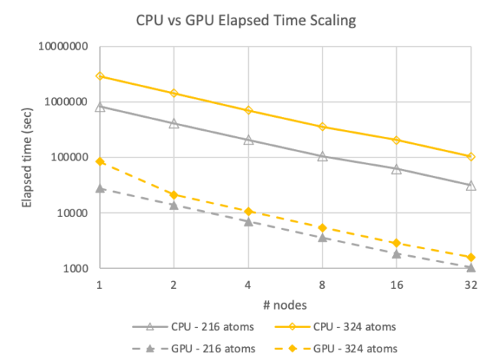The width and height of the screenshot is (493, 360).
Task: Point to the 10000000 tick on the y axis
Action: point(63,46)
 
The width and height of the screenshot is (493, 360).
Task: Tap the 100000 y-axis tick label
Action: point(69,157)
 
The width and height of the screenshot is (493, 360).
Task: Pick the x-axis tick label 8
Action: point(323,283)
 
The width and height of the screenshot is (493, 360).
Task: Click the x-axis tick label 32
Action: point(471,283)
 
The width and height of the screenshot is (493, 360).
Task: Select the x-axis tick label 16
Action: point(397,283)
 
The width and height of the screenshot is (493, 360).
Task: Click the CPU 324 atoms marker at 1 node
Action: point(100,76)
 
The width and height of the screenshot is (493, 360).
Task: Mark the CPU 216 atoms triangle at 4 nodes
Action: point(248,140)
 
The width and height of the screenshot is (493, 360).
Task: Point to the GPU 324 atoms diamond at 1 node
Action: point(100,161)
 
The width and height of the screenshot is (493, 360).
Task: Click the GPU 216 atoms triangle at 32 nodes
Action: point(471,268)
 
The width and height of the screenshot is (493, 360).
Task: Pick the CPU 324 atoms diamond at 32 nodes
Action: point(471,157)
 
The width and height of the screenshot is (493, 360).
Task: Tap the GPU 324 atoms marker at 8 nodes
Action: point(323,228)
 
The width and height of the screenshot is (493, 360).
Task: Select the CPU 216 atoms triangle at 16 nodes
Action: point(397,169)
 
